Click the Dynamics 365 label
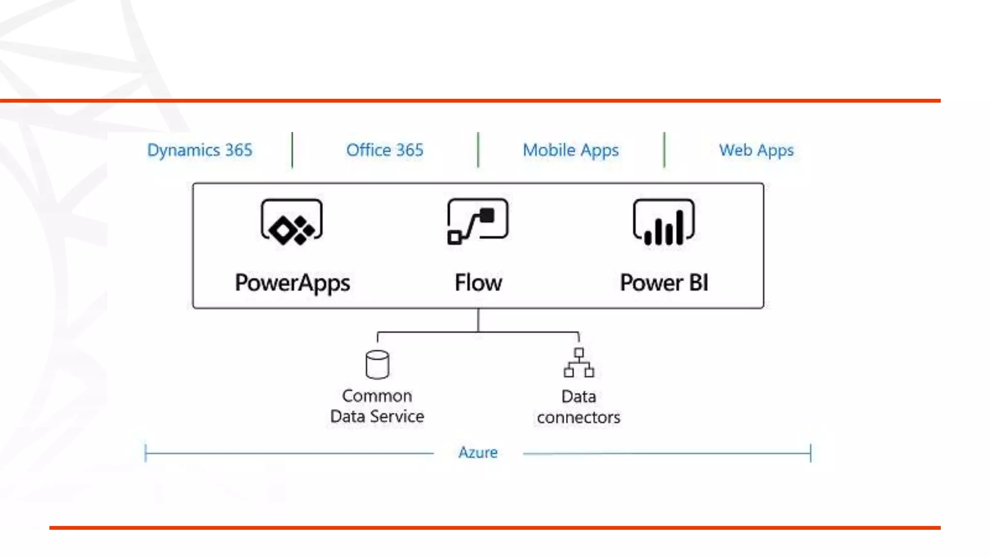tap(200, 150)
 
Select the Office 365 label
tap(385, 150)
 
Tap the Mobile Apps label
tap(570, 150)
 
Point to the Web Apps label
tap(756, 150)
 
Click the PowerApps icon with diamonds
tap(292, 222)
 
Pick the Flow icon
tap(478, 221)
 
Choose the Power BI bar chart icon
tap(664, 222)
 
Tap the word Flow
tap(478, 282)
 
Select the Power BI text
tap(664, 282)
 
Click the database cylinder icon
tap(377, 364)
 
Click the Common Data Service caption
tap(377, 406)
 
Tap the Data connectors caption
tap(579, 407)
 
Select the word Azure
tap(478, 453)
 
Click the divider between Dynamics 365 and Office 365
tap(292, 150)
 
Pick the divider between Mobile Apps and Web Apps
tap(664, 150)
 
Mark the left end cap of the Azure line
tap(146, 453)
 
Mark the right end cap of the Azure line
tap(811, 453)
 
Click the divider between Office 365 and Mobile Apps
tap(478, 150)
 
